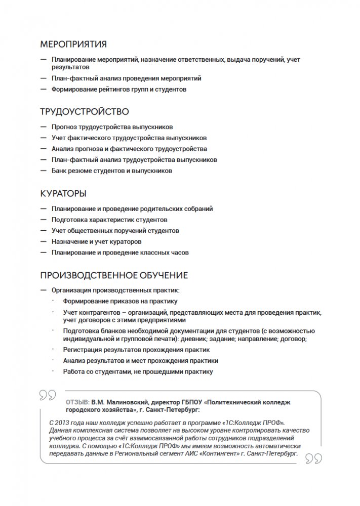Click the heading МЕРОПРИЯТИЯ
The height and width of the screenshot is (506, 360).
[x=73, y=44]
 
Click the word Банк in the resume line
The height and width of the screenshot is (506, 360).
[x=59, y=171]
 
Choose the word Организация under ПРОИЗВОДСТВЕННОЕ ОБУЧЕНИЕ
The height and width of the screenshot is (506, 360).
[x=71, y=290]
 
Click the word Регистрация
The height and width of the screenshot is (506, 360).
[x=83, y=350]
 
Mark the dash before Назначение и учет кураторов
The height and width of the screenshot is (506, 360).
[x=42, y=242]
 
